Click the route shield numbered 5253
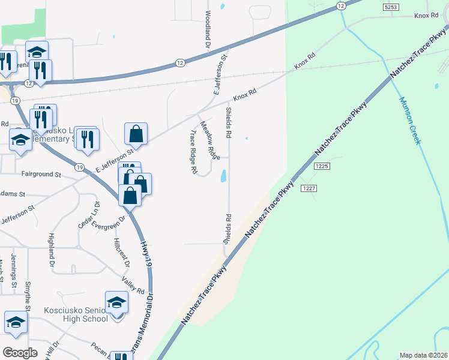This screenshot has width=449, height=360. coord(391,6)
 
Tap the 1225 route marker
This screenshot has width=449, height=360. coord(322,166)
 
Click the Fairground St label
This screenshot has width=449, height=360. coord(41,175)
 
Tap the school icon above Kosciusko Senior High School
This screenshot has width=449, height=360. coord(116,303)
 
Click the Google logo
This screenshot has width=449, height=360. coord(20,352)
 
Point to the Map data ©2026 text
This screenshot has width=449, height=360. coord(424,355)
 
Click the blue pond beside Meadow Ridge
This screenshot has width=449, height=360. coord(223,176)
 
